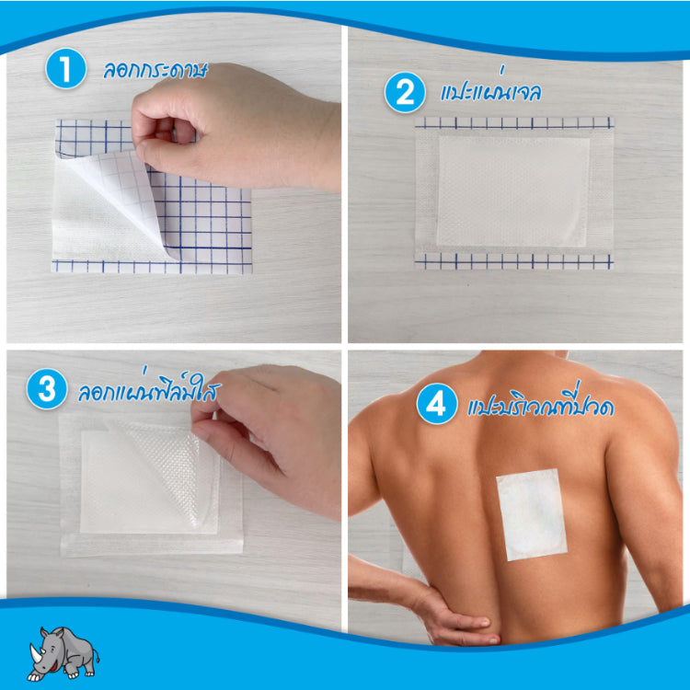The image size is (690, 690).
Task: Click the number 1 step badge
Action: pyautogui.click(x=65, y=69)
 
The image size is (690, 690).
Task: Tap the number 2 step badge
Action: pyautogui.click(x=405, y=93)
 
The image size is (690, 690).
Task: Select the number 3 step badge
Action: pyautogui.click(x=47, y=389)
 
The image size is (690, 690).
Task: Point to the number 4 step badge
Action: pyautogui.click(x=436, y=404)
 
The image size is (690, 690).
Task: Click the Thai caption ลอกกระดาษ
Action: pyautogui.click(x=155, y=71)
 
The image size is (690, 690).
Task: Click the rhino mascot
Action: pyautogui.click(x=63, y=653)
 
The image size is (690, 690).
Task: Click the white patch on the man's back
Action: pyautogui.click(x=531, y=515)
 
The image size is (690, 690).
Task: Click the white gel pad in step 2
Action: pyautogui.click(x=513, y=191)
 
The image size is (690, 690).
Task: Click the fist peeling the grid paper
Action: pyautogui.click(x=234, y=128)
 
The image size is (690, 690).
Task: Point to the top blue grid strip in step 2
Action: pyautogui.click(x=514, y=122)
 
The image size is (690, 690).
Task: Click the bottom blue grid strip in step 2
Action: pyautogui.click(x=514, y=261)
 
